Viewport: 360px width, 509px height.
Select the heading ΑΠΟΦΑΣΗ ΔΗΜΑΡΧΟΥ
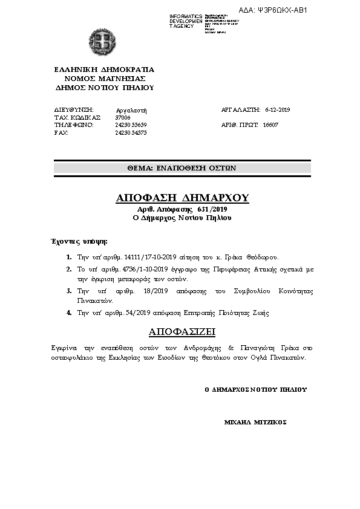click(x=182, y=198)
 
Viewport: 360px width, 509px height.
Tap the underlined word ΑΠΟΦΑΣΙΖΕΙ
click(x=182, y=332)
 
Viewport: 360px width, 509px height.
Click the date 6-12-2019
click(x=278, y=109)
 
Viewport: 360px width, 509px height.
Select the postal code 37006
click(x=123, y=117)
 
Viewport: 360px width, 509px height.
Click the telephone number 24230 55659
click(x=131, y=125)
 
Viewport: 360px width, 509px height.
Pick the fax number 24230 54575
click(x=131, y=132)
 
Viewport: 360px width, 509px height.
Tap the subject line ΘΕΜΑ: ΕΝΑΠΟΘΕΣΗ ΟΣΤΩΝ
click(x=182, y=168)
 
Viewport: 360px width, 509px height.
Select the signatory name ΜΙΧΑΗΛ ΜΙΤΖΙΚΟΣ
click(x=255, y=422)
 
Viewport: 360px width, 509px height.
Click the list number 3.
click(x=70, y=291)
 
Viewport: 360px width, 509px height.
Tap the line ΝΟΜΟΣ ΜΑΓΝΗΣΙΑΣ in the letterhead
click(x=104, y=78)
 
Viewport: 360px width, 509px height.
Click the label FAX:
click(x=61, y=132)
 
